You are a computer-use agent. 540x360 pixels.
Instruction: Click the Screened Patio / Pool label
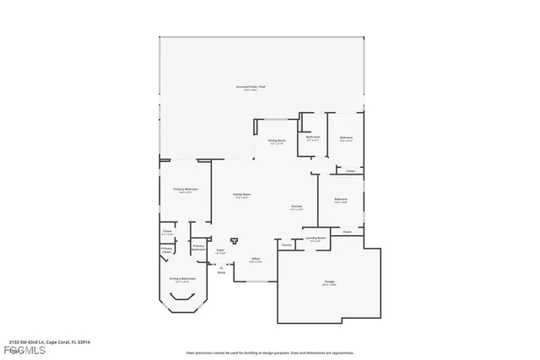[251, 88]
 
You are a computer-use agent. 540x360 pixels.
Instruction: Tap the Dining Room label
[276, 142]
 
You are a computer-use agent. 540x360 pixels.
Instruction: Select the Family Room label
[241, 196]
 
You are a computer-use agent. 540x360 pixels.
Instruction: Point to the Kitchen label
[297, 207]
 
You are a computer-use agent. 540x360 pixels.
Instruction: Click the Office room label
[256, 260]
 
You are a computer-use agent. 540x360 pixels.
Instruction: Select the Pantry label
[287, 245]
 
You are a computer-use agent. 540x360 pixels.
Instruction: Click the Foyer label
[220, 250]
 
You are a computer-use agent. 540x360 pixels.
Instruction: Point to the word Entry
[221, 272]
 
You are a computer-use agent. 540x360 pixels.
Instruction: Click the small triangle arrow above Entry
[221, 266]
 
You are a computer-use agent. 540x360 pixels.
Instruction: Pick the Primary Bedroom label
[186, 191]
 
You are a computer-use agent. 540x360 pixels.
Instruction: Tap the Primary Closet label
[167, 250]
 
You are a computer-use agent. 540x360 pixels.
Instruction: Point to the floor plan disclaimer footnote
[269, 352]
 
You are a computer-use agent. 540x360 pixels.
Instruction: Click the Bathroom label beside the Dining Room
[313, 138]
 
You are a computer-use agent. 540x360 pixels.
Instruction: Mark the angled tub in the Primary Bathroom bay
[181, 298]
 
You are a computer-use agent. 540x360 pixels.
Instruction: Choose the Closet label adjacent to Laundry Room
[347, 231]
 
